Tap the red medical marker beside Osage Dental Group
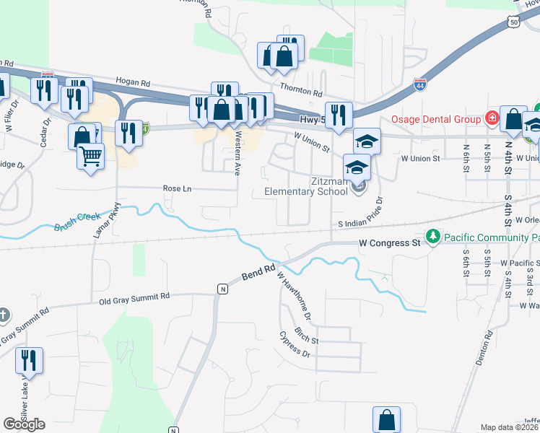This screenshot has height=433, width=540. coord(492,117)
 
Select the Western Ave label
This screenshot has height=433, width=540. coord(238,153)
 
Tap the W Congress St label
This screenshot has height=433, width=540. coord(390,243)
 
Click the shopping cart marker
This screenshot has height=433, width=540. coord(90,156)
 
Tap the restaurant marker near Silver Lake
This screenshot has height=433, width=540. coord(29,360)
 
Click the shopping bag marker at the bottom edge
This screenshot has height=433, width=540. coord(386,419)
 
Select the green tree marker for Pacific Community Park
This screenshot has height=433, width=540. coord(432,236)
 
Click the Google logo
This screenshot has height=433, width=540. coord(24,424)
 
